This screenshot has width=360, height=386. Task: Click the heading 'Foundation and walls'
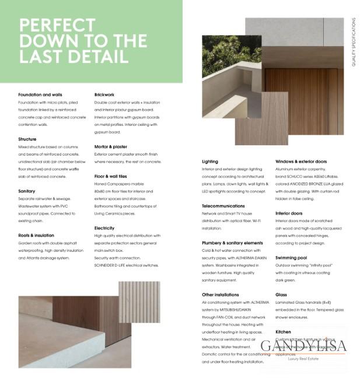click(40, 94)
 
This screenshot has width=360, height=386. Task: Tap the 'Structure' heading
click(27, 139)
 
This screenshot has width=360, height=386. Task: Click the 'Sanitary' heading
click(27, 191)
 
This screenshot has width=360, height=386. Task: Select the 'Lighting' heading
click(210, 162)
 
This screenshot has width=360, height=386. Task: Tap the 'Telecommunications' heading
click(223, 206)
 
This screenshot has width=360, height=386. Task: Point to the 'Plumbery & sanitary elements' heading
click(232, 243)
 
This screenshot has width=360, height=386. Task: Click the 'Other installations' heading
click(221, 295)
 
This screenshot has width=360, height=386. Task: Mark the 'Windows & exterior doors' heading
click(301, 162)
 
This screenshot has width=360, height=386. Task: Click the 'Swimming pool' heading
click(291, 257)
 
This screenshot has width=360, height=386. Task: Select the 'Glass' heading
click(281, 295)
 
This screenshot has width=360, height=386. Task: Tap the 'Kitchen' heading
click(283, 332)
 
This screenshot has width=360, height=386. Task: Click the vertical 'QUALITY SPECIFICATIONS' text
click(354, 42)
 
